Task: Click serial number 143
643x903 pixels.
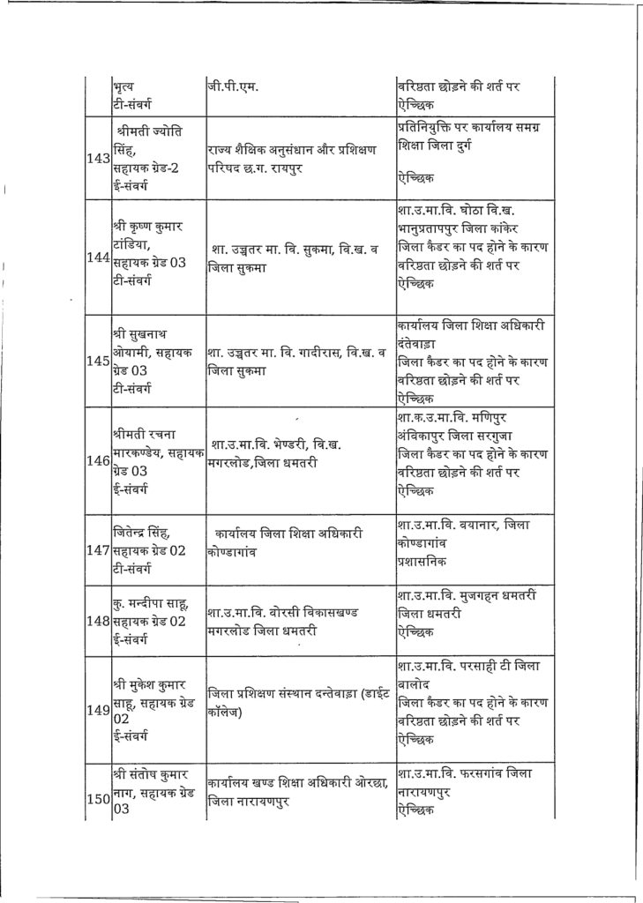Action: tap(98, 160)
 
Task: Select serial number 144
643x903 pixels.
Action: tap(98, 257)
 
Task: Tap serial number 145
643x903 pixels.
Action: tap(98, 361)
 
